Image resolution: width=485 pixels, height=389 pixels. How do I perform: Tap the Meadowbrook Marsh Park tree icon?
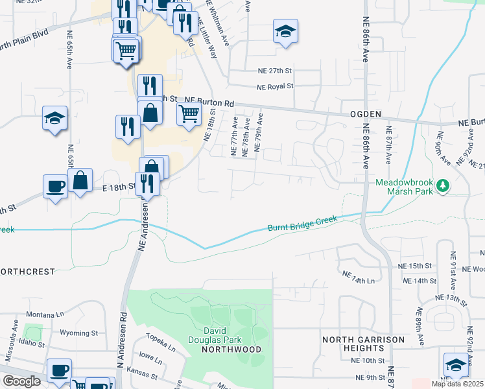(444, 187)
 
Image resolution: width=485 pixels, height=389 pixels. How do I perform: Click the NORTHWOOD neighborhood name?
(231, 349)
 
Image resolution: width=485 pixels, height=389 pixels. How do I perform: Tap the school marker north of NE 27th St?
(285, 32)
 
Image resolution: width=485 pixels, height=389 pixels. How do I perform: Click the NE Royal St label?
(275, 86)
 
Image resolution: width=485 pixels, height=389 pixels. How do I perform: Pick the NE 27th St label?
(275, 70)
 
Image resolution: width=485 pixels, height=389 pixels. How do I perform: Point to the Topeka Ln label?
(161, 342)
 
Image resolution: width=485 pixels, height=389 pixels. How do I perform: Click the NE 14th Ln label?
(359, 279)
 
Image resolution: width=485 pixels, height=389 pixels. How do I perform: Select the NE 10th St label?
(367, 360)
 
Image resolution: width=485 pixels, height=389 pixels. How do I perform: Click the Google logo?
(21, 381)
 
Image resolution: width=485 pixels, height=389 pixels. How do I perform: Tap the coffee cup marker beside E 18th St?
(55, 186)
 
